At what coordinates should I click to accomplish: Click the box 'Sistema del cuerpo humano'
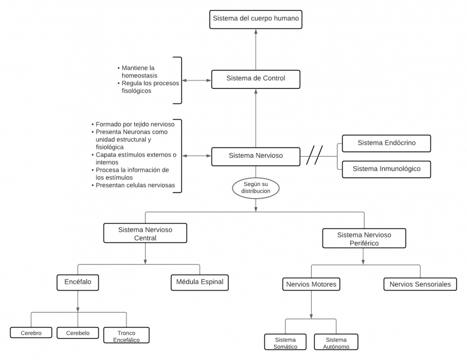click(x=256, y=19)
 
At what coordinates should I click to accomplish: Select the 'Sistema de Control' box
click(x=256, y=79)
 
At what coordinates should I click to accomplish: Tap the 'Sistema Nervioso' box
click(x=256, y=156)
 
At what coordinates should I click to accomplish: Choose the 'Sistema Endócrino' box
click(x=386, y=143)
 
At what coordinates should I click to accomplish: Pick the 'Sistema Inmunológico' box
click(x=386, y=169)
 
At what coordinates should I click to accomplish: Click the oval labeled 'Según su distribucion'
click(x=256, y=187)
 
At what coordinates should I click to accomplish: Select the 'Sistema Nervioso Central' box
click(x=145, y=233)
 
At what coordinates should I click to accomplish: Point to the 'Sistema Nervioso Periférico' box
click(x=364, y=238)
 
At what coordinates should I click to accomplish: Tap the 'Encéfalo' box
click(x=77, y=282)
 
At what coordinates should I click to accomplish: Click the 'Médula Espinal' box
click(x=199, y=282)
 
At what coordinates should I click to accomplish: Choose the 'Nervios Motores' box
click(x=311, y=284)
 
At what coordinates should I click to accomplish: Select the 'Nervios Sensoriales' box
click(x=420, y=284)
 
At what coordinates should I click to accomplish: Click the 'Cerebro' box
click(x=31, y=333)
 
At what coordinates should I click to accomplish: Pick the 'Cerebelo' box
click(x=77, y=333)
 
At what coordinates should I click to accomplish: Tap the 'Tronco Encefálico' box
click(x=126, y=335)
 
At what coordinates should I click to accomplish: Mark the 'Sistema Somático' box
click(x=285, y=343)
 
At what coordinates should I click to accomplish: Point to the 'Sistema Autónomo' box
click(x=336, y=343)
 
